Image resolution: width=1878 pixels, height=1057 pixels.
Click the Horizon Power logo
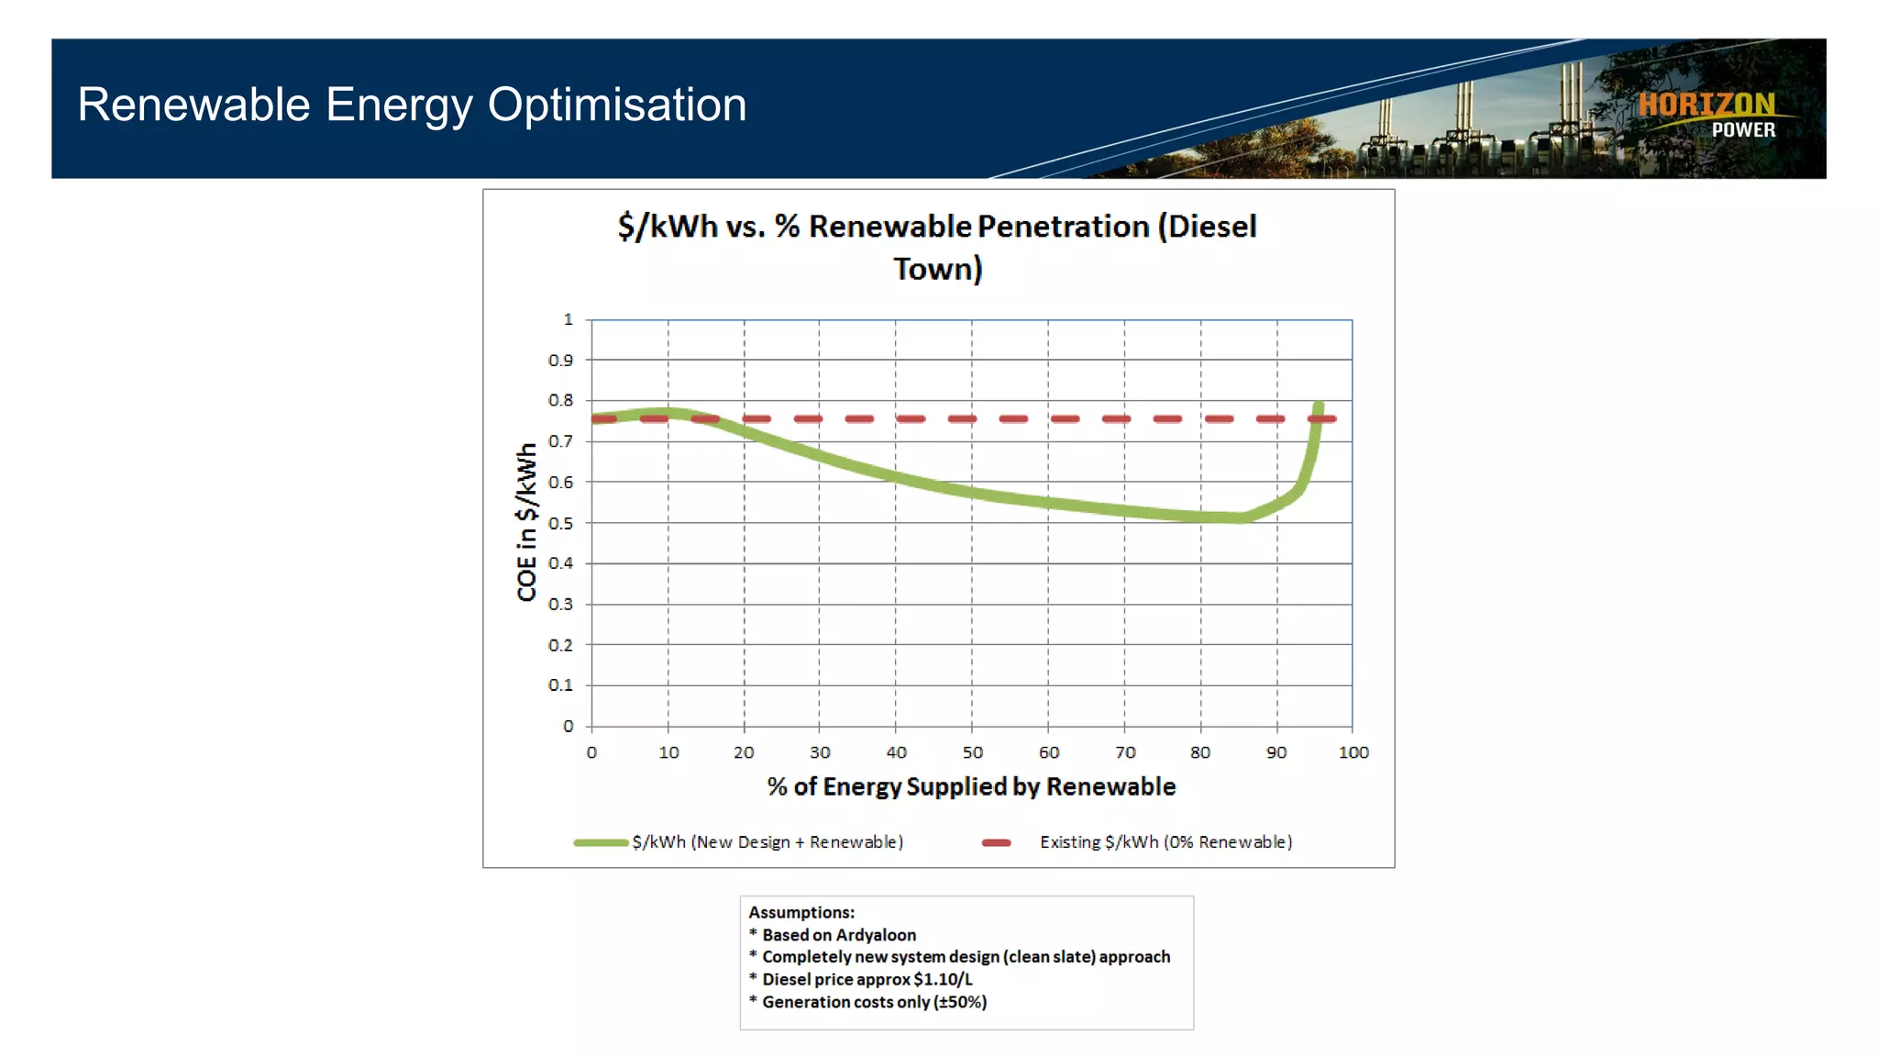(1707, 115)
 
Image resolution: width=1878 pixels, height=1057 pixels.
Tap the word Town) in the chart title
(937, 270)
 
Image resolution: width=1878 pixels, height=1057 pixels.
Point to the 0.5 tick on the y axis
(560, 523)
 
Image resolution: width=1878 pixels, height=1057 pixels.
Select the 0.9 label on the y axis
(560, 361)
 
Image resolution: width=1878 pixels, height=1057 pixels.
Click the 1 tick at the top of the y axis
(568, 319)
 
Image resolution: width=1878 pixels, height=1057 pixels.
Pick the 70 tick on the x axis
(1125, 752)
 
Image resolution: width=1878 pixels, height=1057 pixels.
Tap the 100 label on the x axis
(1353, 752)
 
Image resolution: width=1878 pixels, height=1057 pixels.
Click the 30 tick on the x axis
(820, 752)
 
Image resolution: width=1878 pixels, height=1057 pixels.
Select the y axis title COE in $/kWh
(526, 522)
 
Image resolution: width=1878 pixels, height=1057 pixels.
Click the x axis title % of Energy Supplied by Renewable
(971, 786)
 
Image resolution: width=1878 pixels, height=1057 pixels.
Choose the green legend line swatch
(601, 842)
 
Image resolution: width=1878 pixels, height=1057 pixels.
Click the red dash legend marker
(996, 842)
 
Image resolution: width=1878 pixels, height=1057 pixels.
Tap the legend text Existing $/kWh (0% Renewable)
(1165, 842)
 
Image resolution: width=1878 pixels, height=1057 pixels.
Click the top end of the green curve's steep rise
(1319, 406)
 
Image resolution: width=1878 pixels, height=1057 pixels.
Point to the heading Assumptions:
(801, 912)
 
